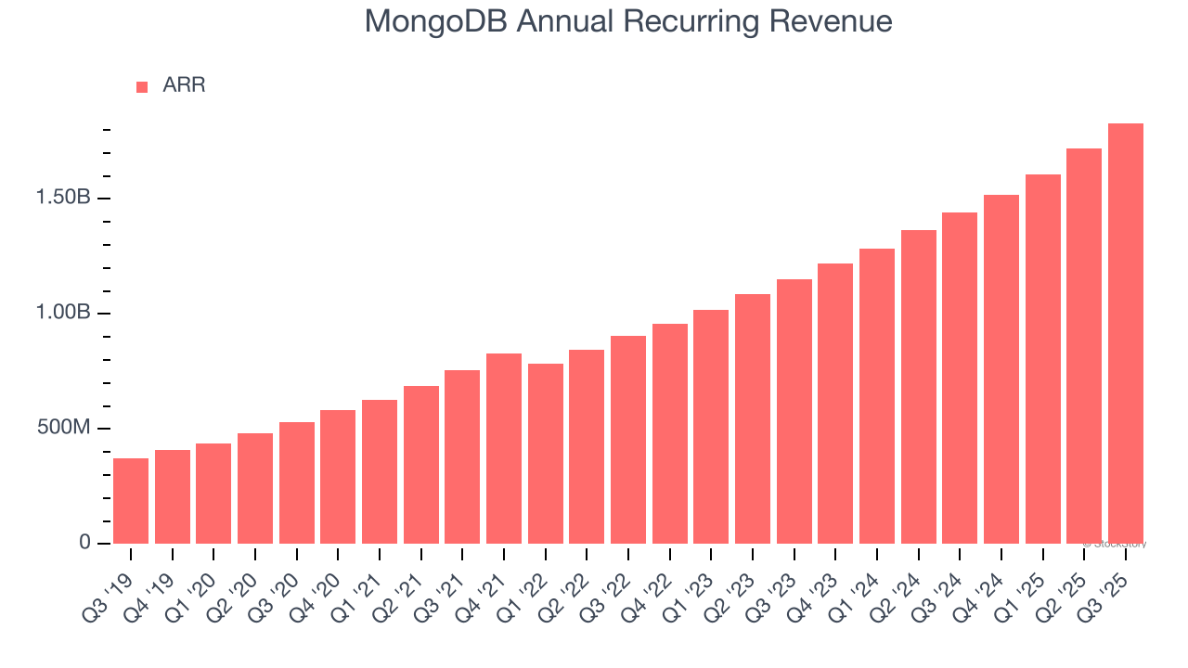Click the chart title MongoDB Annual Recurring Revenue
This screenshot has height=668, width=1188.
[628, 21]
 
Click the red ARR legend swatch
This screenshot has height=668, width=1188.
[142, 86]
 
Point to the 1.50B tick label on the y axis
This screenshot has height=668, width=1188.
[63, 199]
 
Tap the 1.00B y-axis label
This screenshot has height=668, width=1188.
[63, 314]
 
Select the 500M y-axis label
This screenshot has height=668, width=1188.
[64, 429]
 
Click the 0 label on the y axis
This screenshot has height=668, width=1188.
[84, 543]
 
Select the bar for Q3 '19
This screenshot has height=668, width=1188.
[131, 501]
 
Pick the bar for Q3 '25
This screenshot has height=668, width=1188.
[1126, 334]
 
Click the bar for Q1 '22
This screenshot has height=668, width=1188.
[546, 454]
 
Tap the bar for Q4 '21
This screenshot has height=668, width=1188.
[504, 449]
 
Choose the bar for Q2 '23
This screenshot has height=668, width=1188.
[753, 418]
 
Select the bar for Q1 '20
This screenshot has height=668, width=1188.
[213, 494]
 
